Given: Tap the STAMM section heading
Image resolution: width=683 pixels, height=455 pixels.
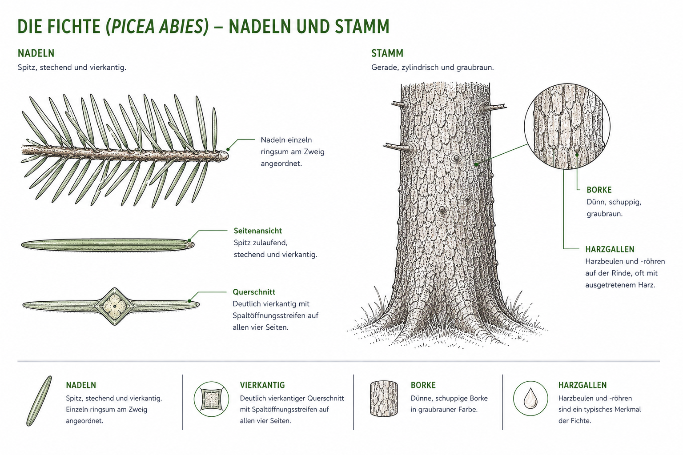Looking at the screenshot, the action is click(387, 53).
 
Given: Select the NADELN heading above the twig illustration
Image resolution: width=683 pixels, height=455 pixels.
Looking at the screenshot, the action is click(36, 53).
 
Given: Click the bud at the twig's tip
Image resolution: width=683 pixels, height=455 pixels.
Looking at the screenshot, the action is click(224, 156).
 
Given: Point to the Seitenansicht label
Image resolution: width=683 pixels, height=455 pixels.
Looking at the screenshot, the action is click(257, 231).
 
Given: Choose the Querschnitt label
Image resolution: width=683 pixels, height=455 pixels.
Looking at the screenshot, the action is click(254, 292).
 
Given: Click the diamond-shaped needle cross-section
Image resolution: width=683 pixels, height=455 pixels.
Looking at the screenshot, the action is click(115, 306).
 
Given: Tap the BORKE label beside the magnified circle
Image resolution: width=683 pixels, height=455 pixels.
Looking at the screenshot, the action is click(599, 190).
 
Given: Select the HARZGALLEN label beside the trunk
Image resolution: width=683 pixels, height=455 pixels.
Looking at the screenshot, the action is click(610, 249).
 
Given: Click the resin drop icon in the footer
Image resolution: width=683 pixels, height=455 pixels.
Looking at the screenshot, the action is click(530, 398).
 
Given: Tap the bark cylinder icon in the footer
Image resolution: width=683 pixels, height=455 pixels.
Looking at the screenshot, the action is click(384, 399).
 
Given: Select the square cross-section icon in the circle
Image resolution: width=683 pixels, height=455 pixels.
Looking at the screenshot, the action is click(211, 399).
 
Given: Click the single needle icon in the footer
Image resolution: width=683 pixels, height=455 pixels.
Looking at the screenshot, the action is click(39, 401).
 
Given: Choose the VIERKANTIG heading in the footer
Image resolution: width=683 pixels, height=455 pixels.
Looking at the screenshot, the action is click(262, 385).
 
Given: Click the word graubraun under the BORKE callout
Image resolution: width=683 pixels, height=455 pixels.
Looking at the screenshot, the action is click(605, 214).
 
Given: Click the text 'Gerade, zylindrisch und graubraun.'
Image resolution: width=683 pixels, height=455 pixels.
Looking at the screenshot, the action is click(432, 68).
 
